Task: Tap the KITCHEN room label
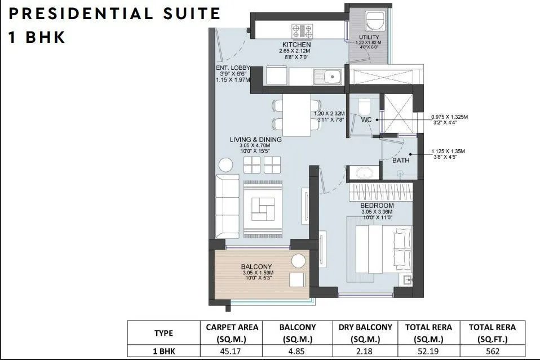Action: point(296,45)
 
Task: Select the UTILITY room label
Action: point(369,38)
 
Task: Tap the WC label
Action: point(366,119)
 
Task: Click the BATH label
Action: point(401,161)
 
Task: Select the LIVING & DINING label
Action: point(255,140)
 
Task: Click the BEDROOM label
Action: point(377,206)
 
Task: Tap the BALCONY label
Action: point(256,266)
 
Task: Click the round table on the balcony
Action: point(299,261)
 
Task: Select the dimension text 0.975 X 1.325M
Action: point(449,117)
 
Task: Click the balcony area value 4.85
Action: point(298,351)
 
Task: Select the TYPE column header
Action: point(164,333)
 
